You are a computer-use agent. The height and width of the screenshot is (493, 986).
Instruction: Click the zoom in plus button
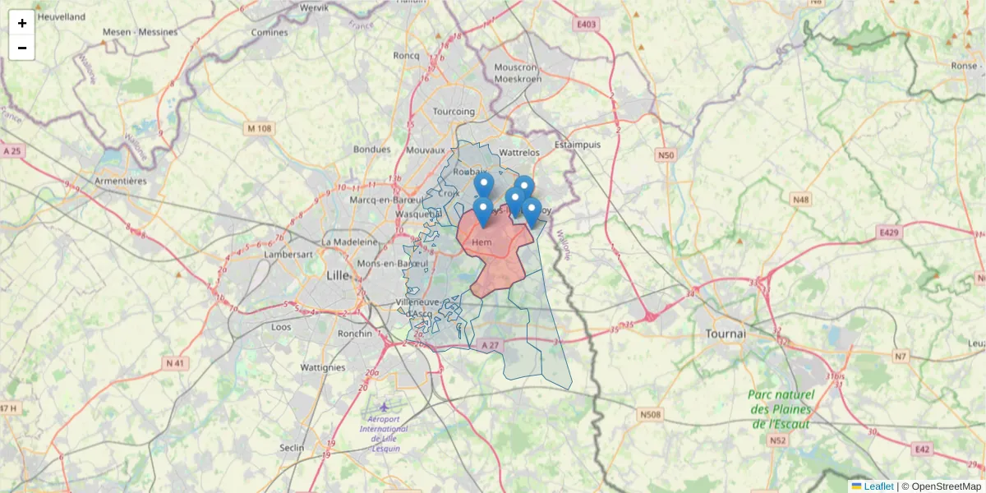(x=22, y=23)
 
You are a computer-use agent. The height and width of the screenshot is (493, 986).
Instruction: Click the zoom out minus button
(x=22, y=48)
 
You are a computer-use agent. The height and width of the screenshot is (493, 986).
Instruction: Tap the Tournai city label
(x=726, y=334)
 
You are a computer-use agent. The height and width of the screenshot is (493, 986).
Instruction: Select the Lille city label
(x=338, y=274)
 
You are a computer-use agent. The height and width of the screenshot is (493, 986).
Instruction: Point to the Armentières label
(x=121, y=181)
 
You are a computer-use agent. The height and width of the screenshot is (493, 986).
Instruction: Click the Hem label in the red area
(x=481, y=242)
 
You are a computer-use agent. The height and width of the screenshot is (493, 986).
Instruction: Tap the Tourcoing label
(x=454, y=112)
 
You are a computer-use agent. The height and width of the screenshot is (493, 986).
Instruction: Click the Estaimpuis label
(x=578, y=145)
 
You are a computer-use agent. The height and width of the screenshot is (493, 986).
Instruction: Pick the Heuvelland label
(x=62, y=16)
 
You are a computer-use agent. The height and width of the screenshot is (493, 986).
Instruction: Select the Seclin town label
(x=292, y=448)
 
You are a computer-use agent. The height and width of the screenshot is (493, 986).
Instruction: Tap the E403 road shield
(x=586, y=25)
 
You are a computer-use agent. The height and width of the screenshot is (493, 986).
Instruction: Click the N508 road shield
(x=650, y=414)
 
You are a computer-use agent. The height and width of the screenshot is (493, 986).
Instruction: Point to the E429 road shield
(x=890, y=233)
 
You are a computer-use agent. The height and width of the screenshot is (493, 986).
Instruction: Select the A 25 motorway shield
(x=12, y=151)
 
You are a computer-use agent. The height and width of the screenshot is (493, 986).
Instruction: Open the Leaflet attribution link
(x=878, y=486)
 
